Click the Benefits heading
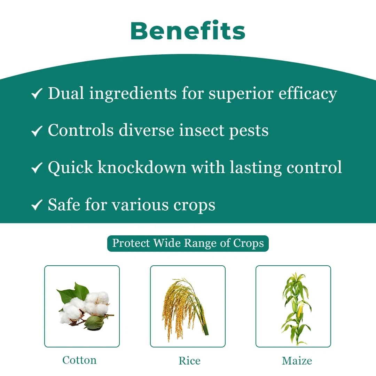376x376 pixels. coord(188,31)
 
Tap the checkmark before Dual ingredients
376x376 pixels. coord(37,94)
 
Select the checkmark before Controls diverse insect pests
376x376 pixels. coord(37,131)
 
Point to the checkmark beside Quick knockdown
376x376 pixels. coord(37,168)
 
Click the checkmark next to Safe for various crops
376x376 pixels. coord(37,205)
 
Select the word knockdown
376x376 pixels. coord(142,167)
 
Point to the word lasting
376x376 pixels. coord(255,168)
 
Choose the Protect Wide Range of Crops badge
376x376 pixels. coord(188,243)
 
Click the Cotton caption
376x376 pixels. coord(79,360)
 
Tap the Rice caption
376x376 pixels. coord(189,361)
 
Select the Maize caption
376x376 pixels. coord(297,361)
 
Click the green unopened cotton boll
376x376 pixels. coord(94,323)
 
